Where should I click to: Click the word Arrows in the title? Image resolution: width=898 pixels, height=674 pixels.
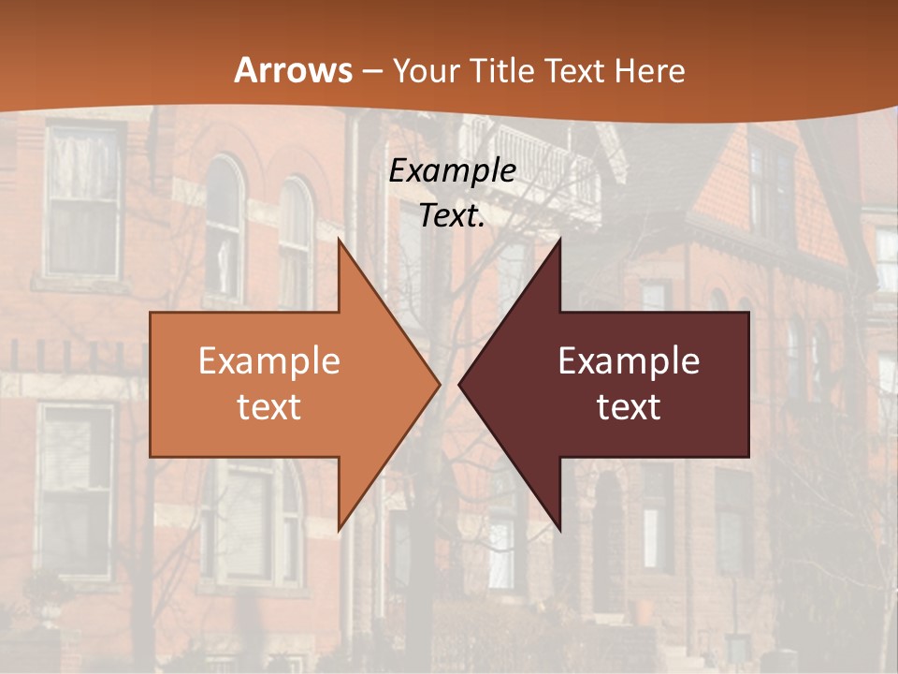coord(292,70)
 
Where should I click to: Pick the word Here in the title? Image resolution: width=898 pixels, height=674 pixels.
coord(651,70)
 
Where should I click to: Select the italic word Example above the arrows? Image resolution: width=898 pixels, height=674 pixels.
coord(452,170)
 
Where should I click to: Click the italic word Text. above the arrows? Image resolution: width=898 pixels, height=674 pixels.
coord(452,215)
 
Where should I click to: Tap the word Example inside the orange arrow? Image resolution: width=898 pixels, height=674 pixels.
coord(269,361)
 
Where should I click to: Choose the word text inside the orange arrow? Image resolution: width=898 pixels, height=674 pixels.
coord(269,406)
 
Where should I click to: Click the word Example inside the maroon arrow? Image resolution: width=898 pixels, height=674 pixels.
coord(629,361)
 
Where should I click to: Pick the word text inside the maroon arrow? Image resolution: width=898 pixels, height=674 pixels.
coord(629,406)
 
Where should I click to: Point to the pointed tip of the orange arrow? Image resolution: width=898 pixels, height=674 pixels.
coord(439,384)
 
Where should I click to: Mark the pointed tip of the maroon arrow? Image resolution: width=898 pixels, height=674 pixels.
coord(459,384)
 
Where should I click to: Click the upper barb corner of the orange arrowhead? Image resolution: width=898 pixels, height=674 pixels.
coord(339,239)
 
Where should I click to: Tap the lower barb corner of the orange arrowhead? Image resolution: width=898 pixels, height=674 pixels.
coord(339,530)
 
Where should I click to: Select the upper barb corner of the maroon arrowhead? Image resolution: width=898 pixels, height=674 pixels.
coord(559,239)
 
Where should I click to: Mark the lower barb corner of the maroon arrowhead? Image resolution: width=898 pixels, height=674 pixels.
coord(559,530)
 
